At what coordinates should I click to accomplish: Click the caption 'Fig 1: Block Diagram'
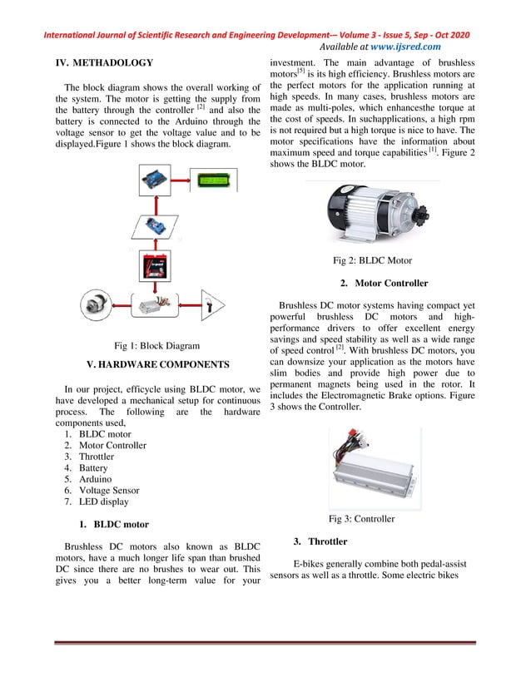pos(156,346)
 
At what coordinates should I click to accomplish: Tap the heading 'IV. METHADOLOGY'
pos(104,62)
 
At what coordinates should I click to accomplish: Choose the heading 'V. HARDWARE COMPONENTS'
pos(157,364)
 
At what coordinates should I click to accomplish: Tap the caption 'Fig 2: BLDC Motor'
pos(372,260)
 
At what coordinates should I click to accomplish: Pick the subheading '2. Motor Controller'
pos(384,284)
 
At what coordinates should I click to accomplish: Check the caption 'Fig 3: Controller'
pos(361,519)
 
